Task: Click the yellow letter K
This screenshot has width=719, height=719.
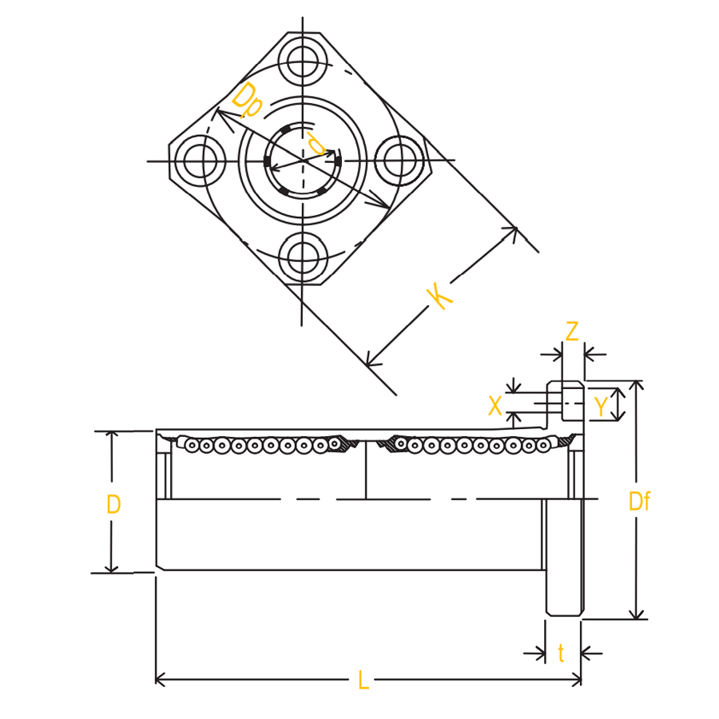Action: pos(439,296)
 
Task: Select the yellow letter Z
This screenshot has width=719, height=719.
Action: pos(572,332)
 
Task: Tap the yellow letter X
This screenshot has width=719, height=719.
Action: pos(495,405)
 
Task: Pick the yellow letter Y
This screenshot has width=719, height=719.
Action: pos(600,405)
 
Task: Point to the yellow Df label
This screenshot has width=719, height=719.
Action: pos(639,501)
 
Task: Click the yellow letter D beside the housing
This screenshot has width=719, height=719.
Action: pos(113,504)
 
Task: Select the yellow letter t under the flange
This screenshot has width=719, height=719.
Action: pos(562,653)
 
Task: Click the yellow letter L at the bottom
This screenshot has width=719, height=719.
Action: pos(363,680)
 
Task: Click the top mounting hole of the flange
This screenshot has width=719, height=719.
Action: pos(302,62)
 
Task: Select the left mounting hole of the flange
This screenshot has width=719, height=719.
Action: pos(200,161)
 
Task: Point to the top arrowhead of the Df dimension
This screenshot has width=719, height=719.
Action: pos(636,385)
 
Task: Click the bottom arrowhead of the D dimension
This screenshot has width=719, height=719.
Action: pos(111,568)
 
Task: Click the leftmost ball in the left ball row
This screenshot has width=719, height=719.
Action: pos(192,445)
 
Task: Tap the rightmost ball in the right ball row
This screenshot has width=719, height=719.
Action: pos(543,444)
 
